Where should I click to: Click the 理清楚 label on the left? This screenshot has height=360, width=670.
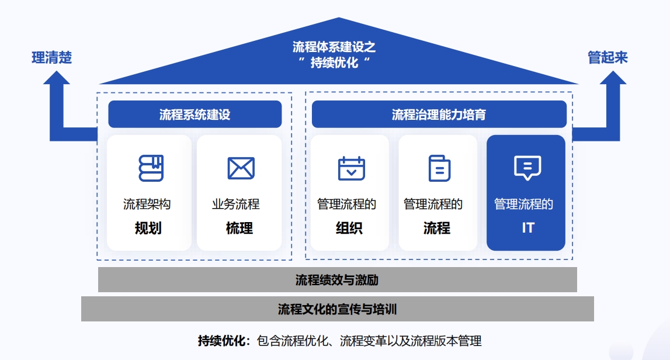(51, 58)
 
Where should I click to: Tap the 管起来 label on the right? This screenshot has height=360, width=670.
(607, 57)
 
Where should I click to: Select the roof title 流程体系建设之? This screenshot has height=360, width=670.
(334, 47)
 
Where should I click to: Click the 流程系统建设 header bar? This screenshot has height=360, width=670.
(195, 115)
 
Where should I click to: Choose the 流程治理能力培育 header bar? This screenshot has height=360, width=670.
(439, 115)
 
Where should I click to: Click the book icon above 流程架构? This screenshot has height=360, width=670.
(151, 168)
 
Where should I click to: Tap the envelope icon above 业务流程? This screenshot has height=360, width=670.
(241, 168)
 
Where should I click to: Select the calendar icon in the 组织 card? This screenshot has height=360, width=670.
(351, 168)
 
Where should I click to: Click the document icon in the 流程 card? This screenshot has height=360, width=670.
(439, 168)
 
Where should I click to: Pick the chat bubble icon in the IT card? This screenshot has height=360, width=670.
(527, 168)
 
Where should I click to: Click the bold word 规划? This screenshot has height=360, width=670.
(148, 228)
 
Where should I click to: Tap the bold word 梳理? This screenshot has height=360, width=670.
(239, 228)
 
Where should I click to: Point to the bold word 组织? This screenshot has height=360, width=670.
(349, 228)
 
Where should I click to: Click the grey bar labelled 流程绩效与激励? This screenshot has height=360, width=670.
(337, 280)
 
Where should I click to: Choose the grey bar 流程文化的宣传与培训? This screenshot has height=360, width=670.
(337, 309)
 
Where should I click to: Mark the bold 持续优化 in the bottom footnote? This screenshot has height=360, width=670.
(223, 341)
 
